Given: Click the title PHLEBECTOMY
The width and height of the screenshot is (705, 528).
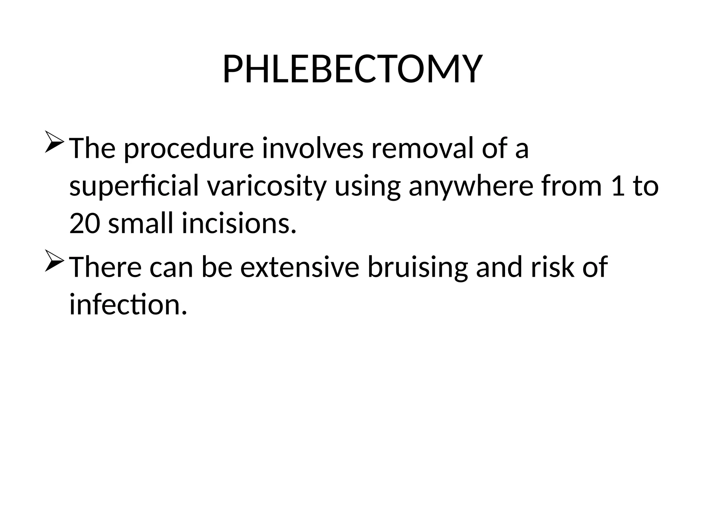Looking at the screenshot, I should coord(352,69).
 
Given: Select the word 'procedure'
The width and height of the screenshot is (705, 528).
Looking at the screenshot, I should coord(189,149).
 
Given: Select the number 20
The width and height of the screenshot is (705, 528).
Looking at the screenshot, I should coord(84,224).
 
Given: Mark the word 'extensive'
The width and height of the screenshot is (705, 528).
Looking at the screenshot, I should coord(299,267).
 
